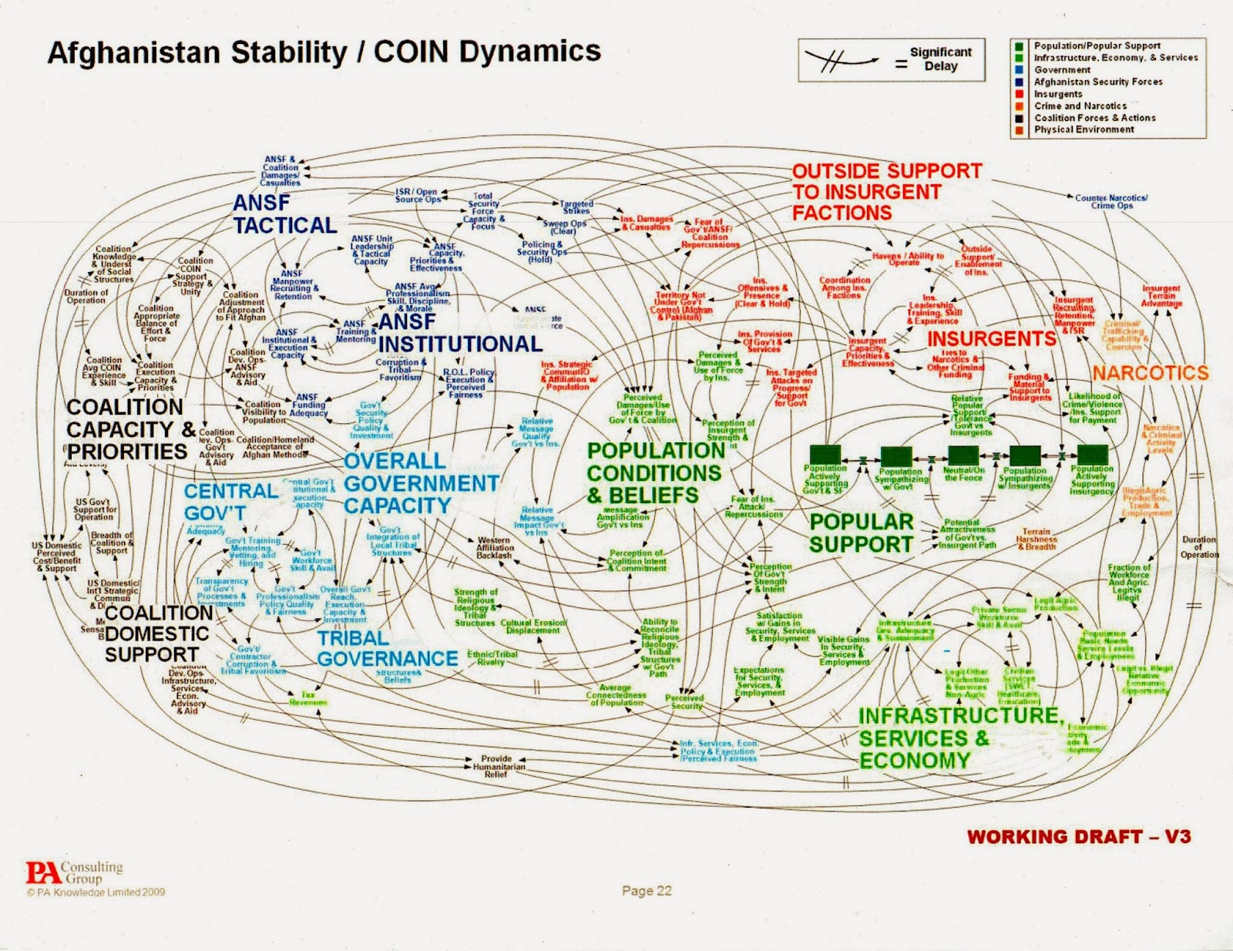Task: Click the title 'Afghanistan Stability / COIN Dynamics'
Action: click(324, 52)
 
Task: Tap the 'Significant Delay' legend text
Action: click(940, 59)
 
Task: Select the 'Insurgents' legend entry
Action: click(1057, 94)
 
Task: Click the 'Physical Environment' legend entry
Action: click(1083, 129)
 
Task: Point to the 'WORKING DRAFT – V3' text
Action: click(1079, 837)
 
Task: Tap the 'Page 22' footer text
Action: click(647, 891)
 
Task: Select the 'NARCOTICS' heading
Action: click(1150, 373)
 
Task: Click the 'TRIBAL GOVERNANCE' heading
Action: click(387, 649)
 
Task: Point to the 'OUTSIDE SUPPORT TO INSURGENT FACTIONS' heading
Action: click(886, 192)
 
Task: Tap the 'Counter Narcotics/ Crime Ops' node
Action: click(1111, 202)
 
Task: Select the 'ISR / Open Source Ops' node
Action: click(417, 195)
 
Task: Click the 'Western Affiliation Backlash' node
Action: click(495, 547)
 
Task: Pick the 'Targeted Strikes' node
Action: click(576, 207)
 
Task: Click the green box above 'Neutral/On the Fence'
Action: click(963, 455)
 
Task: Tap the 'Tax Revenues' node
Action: click(308, 698)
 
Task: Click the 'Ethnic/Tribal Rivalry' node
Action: click(492, 657)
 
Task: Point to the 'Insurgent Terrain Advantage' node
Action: click(1161, 296)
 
